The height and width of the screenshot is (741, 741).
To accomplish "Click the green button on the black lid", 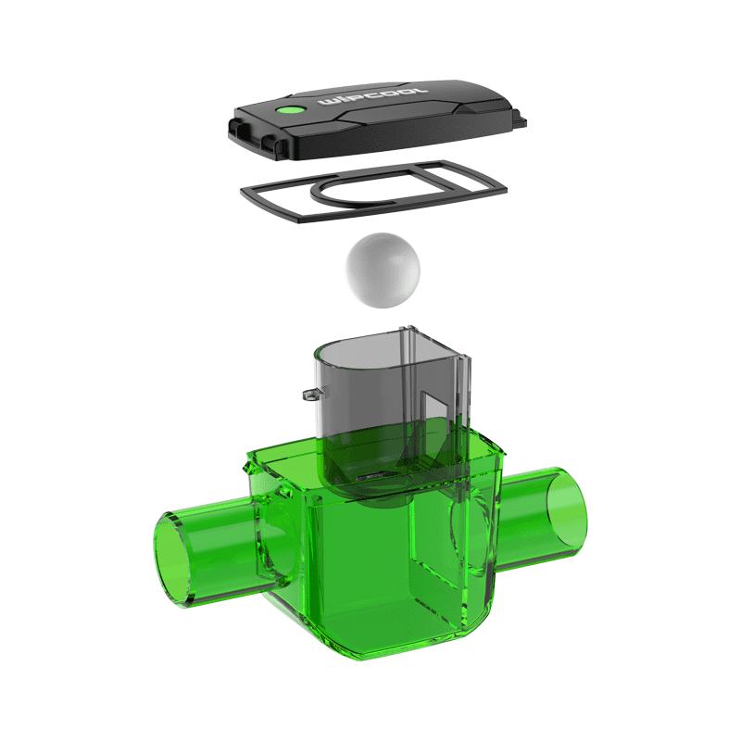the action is click(290, 110).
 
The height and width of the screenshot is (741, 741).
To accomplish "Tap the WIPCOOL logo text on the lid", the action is click(373, 96).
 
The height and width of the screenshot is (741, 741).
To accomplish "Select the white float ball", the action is click(383, 270).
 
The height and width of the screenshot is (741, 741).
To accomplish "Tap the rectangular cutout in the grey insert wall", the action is click(434, 408).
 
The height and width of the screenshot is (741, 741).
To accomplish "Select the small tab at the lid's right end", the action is click(520, 119).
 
